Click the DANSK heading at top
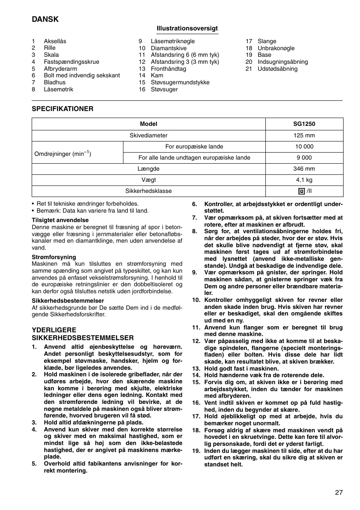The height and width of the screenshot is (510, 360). coord(45,19)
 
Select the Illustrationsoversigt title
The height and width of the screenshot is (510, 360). coord(187,28)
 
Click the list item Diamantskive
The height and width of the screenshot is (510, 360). coord(169,48)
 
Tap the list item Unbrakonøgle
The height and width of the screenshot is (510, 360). coord(276,48)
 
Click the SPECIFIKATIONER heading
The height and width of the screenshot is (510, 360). coord(63,109)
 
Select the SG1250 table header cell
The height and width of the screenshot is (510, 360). coord(304,124)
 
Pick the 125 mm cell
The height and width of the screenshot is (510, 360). coord(304,135)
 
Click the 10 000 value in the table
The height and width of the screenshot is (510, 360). coord(304,146)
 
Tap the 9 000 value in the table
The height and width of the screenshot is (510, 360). coord(304,158)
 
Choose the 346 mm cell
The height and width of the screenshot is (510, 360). coord(304,169)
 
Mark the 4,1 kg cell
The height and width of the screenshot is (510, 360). coord(304,180)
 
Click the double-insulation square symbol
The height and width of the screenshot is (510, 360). coord(301,191)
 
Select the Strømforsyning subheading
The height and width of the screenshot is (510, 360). coord(54,257)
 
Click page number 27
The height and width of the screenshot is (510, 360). coord(339,492)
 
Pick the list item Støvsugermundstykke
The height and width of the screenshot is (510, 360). coord(180,82)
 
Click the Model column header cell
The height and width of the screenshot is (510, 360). coord(149,124)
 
